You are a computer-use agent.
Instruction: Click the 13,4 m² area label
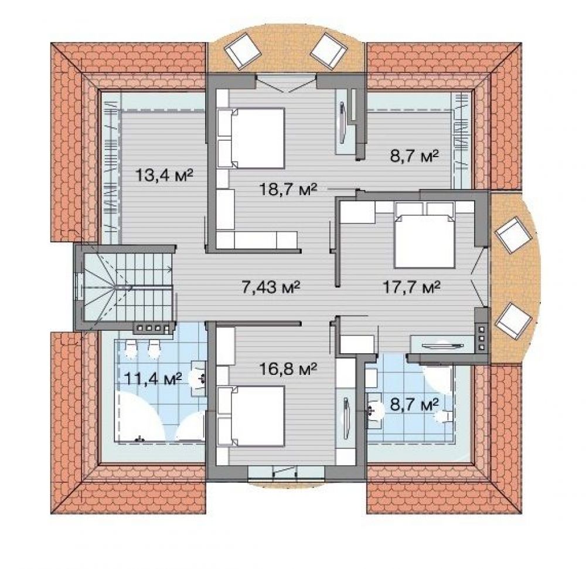pyautogui.click(x=164, y=174)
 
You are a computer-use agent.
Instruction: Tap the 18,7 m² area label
pyautogui.click(x=288, y=189)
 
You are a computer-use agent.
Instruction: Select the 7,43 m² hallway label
pyautogui.click(x=271, y=287)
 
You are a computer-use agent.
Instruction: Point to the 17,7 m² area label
pyautogui.click(x=412, y=287)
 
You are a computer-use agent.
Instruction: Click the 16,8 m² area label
pyautogui.click(x=288, y=370)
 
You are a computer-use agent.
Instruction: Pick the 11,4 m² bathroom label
pyautogui.click(x=153, y=379)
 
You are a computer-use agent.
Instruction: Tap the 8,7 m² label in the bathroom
pyautogui.click(x=414, y=404)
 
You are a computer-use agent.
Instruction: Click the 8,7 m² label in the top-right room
pyautogui.click(x=414, y=155)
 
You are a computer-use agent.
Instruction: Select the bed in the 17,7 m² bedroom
pyautogui.click(x=425, y=235)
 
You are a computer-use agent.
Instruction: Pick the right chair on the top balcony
pyautogui.click(x=329, y=50)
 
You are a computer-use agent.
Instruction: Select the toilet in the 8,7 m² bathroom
pyautogui.click(x=444, y=416)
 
